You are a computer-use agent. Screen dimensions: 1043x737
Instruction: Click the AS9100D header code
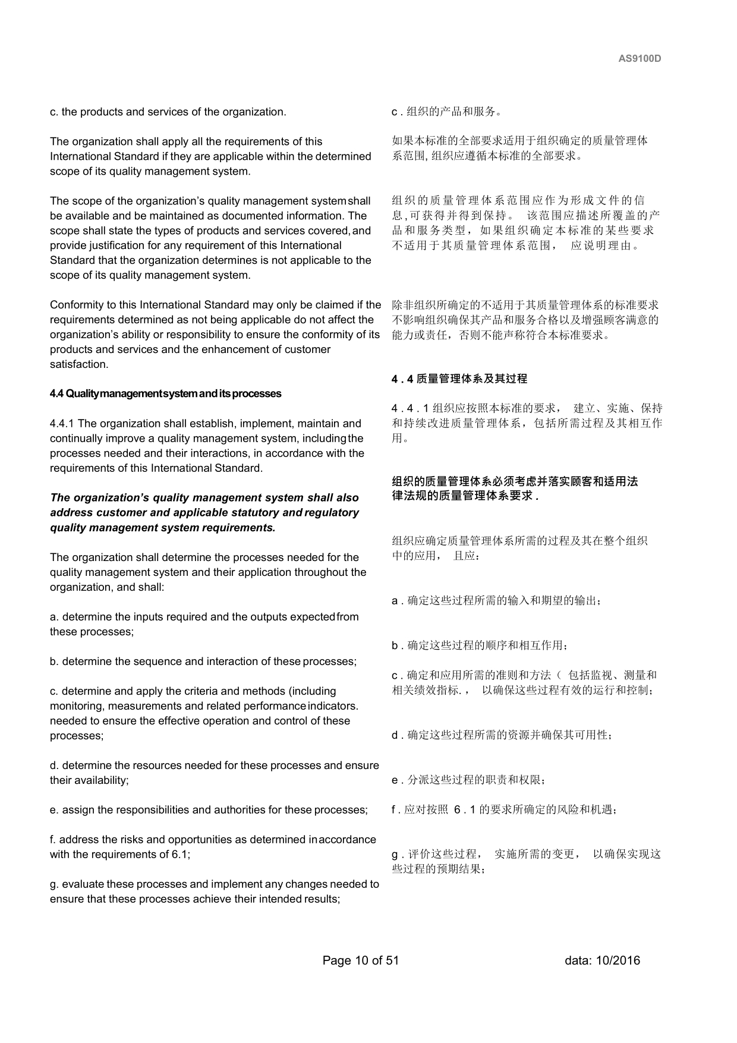(x=640, y=59)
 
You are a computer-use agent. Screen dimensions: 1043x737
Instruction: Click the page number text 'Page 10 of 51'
(x=360, y=960)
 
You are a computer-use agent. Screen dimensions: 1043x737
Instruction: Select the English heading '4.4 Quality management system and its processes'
(x=165, y=394)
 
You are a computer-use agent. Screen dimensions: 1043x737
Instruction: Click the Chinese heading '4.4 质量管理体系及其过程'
(x=459, y=379)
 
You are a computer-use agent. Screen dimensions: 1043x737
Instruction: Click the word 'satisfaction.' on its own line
(x=79, y=364)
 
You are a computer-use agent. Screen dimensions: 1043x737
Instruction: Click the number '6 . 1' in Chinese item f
(x=465, y=809)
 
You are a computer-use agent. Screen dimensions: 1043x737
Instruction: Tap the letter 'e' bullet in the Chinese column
(x=395, y=780)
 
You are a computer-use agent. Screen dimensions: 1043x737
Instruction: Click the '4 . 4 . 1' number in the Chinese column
(x=410, y=408)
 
